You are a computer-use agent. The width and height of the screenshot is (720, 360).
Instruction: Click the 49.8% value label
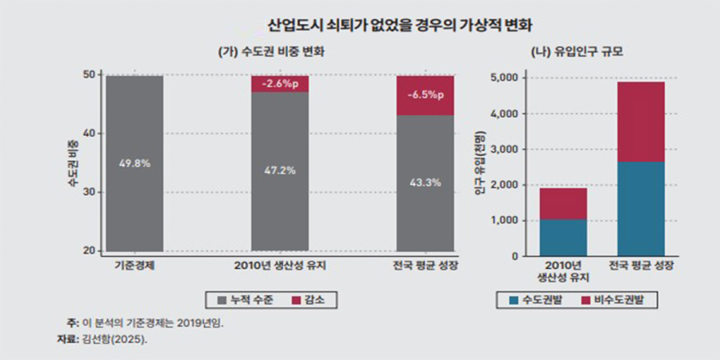coord(134,163)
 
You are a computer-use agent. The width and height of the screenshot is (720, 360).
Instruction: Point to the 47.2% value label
coord(280,170)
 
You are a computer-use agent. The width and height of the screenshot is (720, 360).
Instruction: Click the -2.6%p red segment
coord(280,84)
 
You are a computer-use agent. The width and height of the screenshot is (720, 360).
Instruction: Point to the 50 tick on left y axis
coord(90,74)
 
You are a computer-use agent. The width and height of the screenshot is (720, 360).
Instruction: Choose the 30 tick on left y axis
coord(90,192)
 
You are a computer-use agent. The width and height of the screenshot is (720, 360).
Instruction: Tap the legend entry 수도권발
coord(538,299)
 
